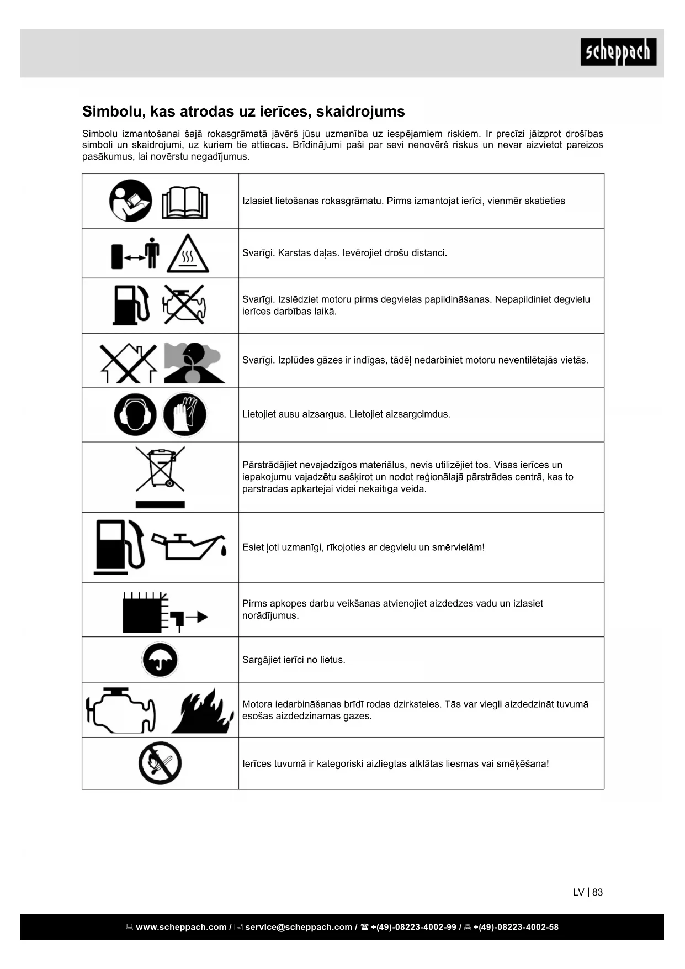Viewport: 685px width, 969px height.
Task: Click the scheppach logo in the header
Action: coord(618,52)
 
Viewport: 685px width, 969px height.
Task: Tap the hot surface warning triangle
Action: coord(188,254)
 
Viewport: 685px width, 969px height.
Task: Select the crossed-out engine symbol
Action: coord(184,304)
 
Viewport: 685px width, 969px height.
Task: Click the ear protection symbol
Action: coord(135,414)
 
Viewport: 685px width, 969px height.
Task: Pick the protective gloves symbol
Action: coord(185,414)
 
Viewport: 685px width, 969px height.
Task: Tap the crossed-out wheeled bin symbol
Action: coord(160,469)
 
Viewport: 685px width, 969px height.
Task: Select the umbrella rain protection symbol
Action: coord(160,660)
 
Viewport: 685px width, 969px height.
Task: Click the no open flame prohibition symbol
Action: coord(160,763)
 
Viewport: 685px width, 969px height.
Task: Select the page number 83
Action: coord(597,892)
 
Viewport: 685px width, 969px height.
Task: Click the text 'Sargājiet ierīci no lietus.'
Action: coord(294,660)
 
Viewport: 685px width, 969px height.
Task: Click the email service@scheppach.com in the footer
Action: coord(299,927)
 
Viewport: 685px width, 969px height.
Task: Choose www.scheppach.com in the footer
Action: coord(181,927)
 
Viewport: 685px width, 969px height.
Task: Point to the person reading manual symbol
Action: coord(130,201)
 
